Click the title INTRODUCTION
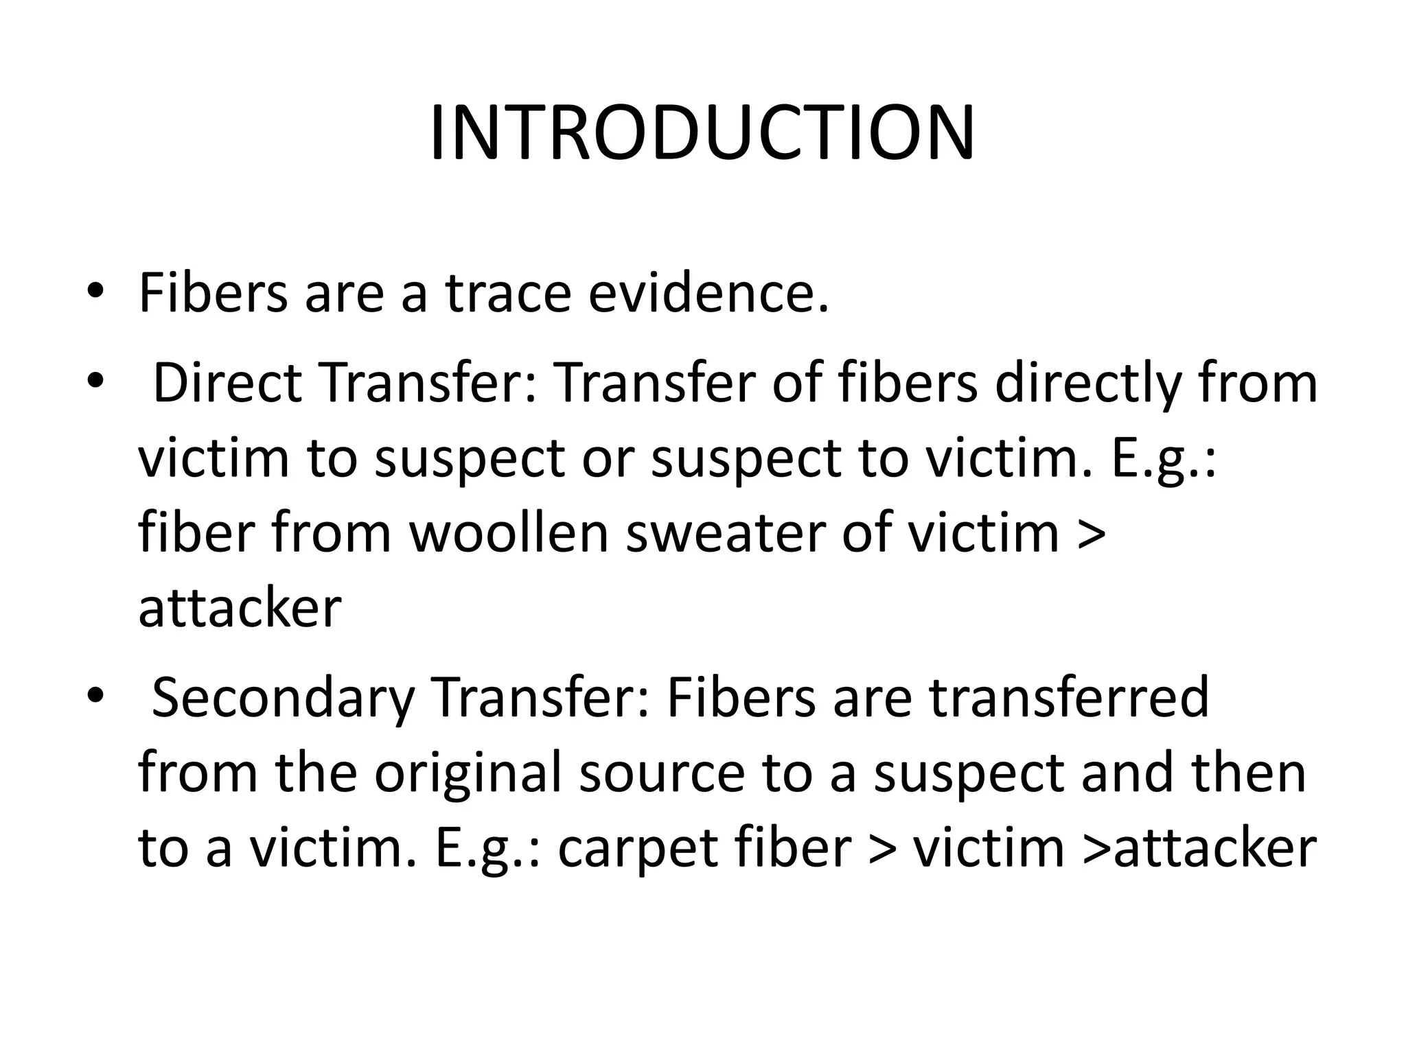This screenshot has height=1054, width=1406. click(x=702, y=133)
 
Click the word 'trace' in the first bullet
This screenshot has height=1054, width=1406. click(x=508, y=294)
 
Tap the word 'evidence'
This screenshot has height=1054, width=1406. click(x=708, y=294)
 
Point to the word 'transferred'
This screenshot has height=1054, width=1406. click(x=1069, y=697)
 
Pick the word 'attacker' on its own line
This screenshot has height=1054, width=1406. click(x=240, y=608)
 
